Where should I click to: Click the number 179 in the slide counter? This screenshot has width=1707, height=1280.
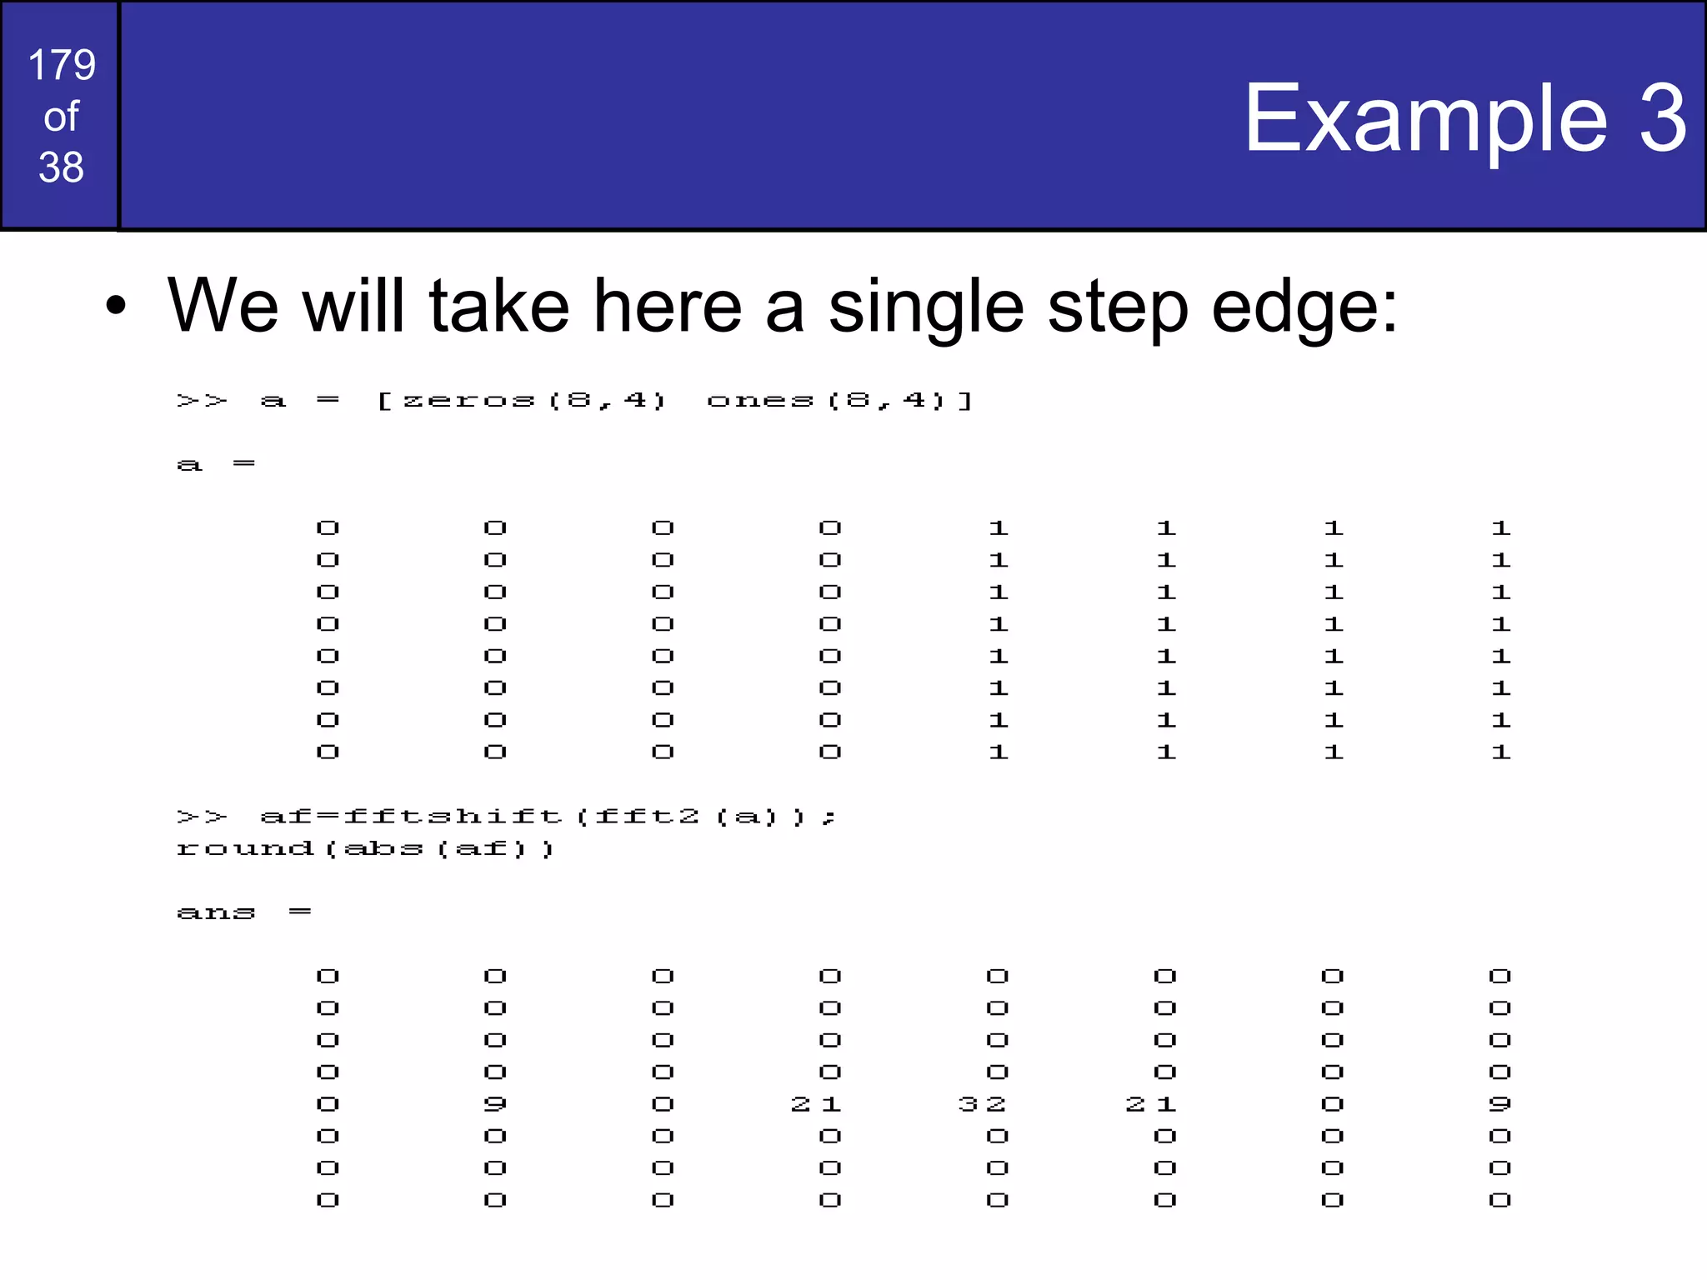pyautogui.click(x=62, y=65)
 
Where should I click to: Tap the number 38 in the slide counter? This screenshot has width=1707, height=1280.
pyautogui.click(x=61, y=167)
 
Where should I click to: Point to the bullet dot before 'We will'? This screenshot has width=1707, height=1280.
pyautogui.click(x=116, y=306)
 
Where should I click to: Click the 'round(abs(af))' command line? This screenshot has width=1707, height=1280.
pyautogui.click(x=365, y=849)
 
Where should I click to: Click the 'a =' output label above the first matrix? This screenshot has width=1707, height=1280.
pyautogui.click(x=216, y=464)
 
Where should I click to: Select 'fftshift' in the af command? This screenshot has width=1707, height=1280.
pyautogui.click(x=453, y=817)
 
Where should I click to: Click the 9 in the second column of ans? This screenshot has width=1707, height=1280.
pyautogui.click(x=495, y=1104)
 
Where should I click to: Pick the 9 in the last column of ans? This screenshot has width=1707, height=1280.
pyautogui.click(x=1499, y=1104)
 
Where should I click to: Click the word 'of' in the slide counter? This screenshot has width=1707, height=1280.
pyautogui.click(x=61, y=117)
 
